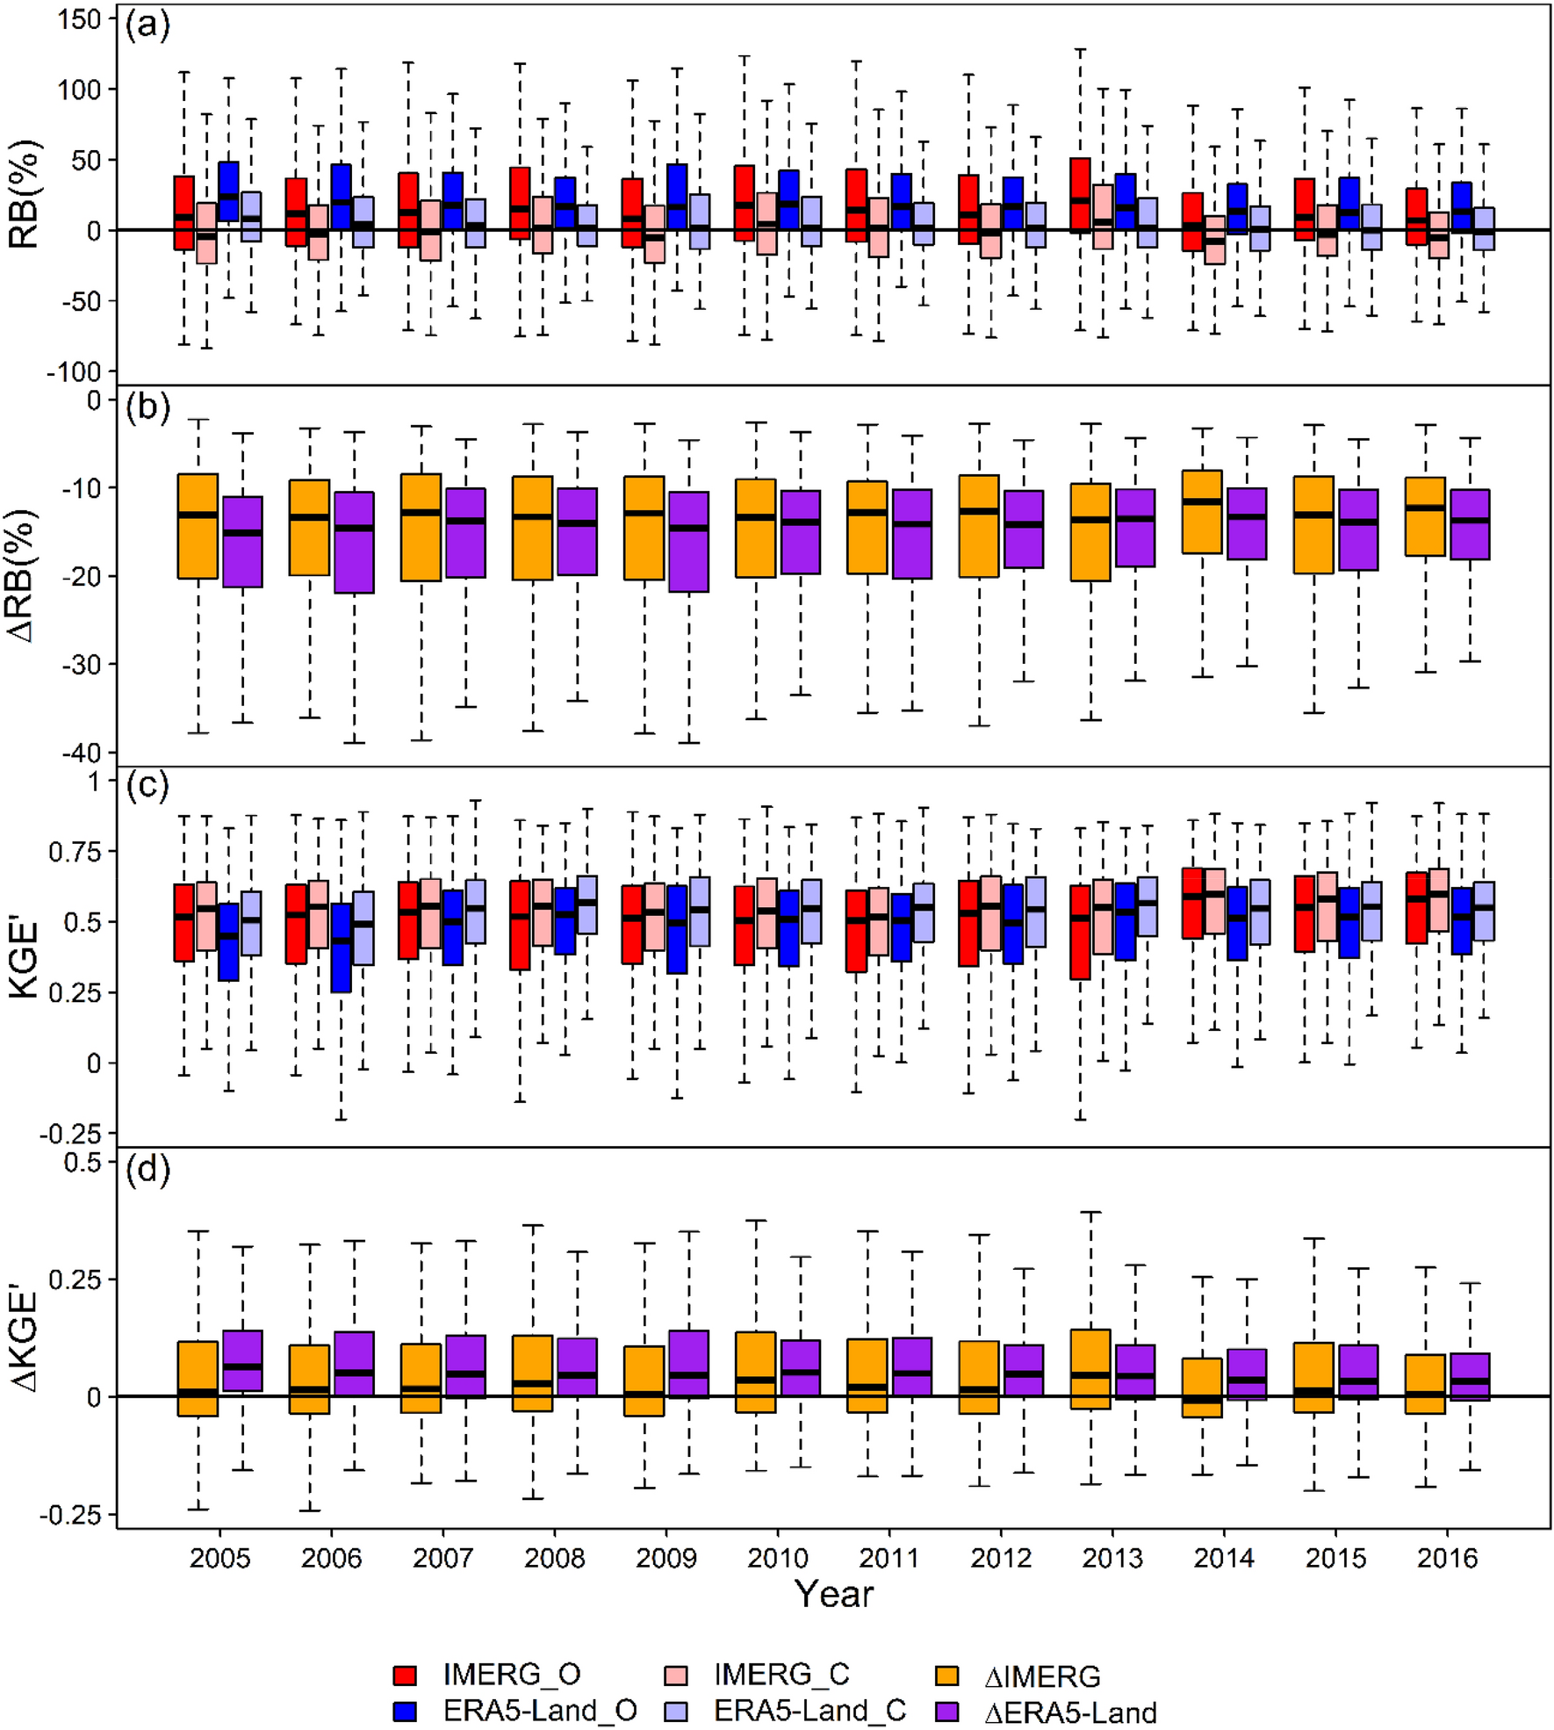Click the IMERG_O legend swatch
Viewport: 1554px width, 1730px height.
click(x=405, y=1676)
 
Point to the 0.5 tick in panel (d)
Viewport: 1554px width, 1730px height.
click(x=84, y=1162)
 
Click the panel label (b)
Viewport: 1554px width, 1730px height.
click(x=147, y=409)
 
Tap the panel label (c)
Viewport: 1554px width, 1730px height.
click(x=147, y=784)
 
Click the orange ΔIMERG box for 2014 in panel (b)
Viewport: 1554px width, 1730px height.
click(x=1202, y=512)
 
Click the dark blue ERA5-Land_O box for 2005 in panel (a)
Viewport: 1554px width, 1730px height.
click(x=228, y=191)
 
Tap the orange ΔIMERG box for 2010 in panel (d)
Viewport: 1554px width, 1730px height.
click(x=756, y=1372)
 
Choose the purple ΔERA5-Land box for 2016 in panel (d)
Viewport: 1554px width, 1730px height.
click(x=1470, y=1376)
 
